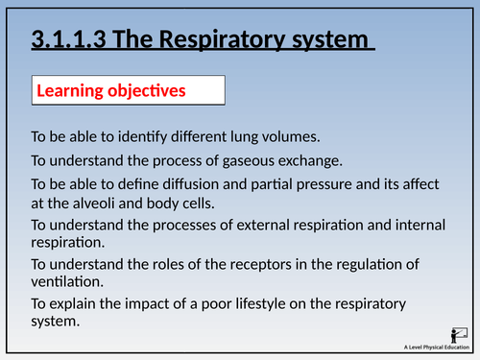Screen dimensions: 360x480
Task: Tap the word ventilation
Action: (x=68, y=281)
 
